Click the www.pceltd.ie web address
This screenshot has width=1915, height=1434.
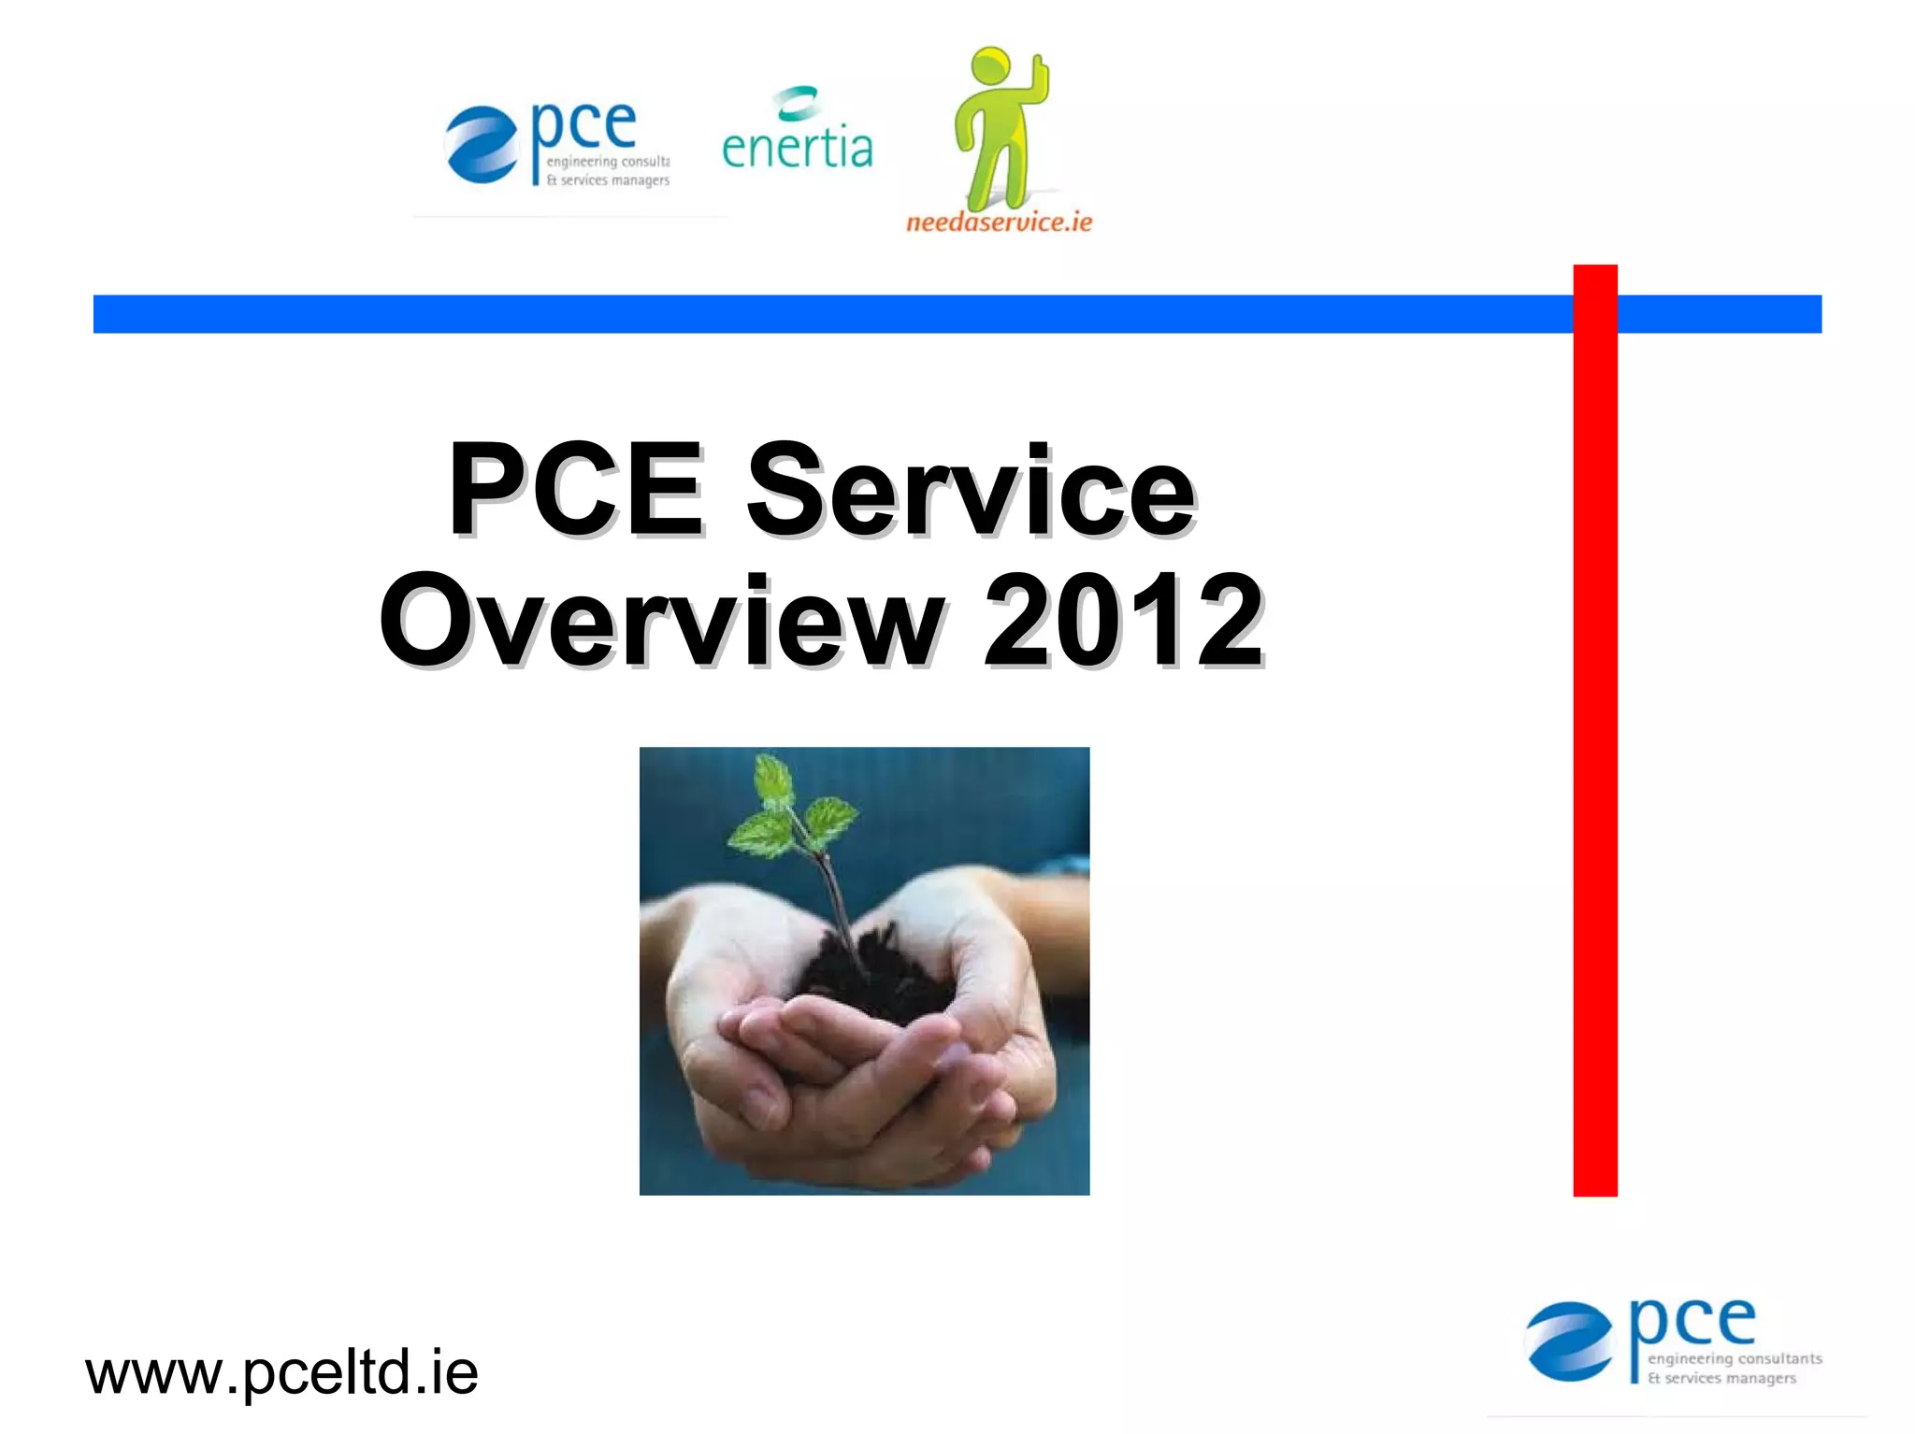281,1372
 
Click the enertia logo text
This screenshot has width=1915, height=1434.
797,148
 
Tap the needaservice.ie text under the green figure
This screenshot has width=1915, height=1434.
999,222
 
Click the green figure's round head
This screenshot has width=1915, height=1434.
991,67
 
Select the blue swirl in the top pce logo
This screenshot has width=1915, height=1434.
481,144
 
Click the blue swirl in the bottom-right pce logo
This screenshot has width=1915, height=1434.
1569,1341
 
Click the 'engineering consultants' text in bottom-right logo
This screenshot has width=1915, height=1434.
1735,1358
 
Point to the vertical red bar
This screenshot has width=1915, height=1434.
1595,748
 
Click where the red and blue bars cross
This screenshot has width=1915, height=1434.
1595,314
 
